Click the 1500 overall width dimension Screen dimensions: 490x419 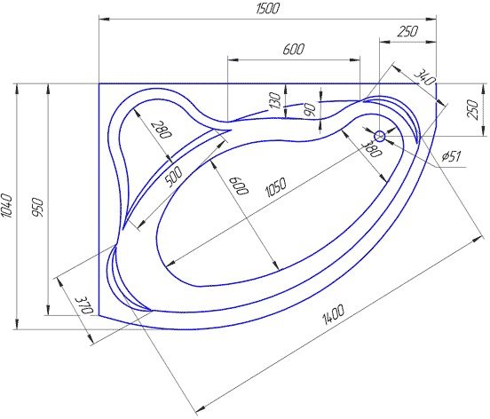tap(267, 9)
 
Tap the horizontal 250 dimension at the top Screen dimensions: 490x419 tap(407, 31)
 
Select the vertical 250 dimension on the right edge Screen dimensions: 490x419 tap(473, 109)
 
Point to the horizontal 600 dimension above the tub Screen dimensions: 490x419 tap(293, 49)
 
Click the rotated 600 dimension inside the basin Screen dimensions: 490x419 tap(239, 186)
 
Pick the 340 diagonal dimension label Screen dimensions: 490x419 tap(424, 78)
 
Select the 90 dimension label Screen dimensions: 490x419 tap(310, 110)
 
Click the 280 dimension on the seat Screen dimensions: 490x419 tap(162, 130)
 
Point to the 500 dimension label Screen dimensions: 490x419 tap(173, 177)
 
